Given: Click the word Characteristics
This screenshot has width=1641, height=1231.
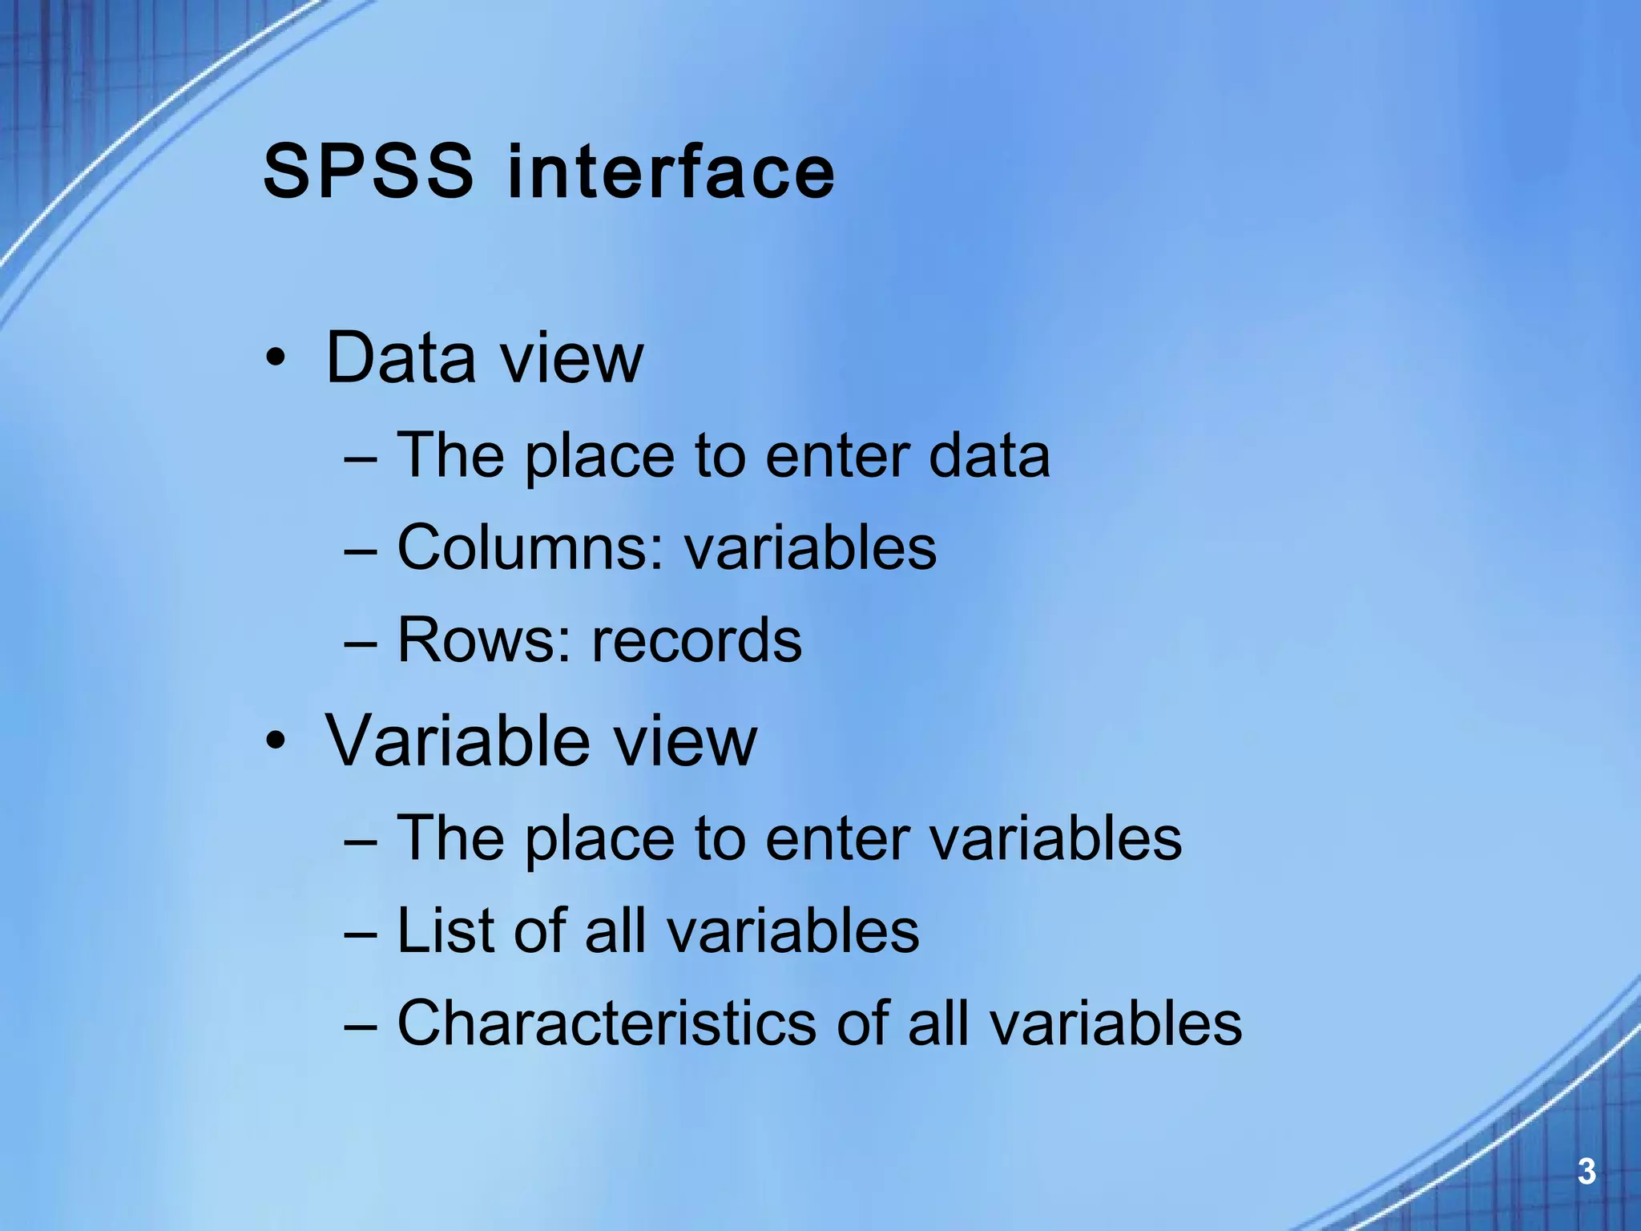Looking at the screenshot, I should coord(606,1023).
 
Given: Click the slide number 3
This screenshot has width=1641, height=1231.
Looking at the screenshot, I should coord(1586,1172).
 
